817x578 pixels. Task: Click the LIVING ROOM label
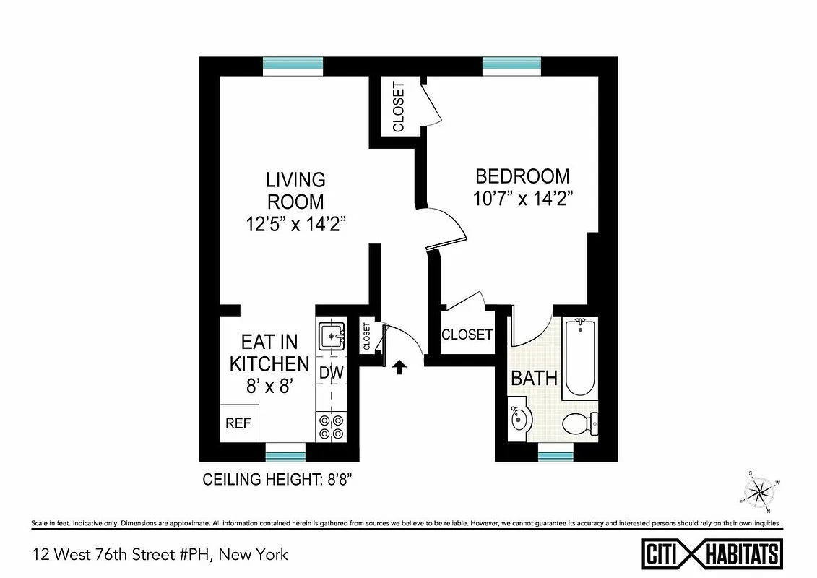[x=295, y=190]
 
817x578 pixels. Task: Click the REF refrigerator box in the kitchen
[x=238, y=423]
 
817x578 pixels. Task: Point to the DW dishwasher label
[x=331, y=374]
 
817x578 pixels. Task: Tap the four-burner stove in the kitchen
[x=331, y=426]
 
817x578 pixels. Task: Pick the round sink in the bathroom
[x=520, y=419]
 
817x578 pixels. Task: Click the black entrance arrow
[x=399, y=368]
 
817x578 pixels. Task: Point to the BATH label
[x=534, y=378]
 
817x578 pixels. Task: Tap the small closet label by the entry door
[x=367, y=337]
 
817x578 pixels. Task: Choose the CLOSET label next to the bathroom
[x=467, y=335]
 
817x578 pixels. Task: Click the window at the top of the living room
[x=293, y=66]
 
